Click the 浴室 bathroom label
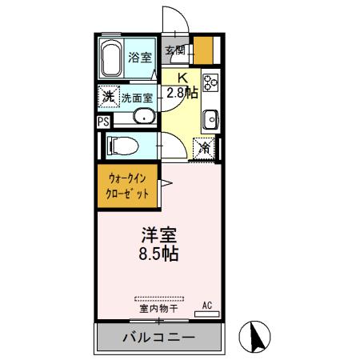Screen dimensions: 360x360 pyautogui.click(x=141, y=57)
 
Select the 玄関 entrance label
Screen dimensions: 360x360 pyautogui.click(x=175, y=50)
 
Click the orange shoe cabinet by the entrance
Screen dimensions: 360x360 pyautogui.click(x=204, y=53)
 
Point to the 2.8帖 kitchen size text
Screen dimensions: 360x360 pyautogui.click(x=182, y=93)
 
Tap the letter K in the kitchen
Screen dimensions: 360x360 pyautogui.click(x=182, y=78)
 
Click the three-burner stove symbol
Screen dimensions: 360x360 pyautogui.click(x=211, y=82)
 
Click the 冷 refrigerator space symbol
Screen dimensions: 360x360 pyautogui.click(x=205, y=147)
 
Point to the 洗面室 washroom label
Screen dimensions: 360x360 pyautogui.click(x=138, y=98)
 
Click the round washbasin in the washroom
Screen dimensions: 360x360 pyautogui.click(x=144, y=118)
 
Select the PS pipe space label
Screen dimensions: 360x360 pyautogui.click(x=102, y=122)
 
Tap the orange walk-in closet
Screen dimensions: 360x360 pyautogui.click(x=128, y=186)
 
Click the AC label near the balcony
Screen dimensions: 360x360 pyautogui.click(x=206, y=306)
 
